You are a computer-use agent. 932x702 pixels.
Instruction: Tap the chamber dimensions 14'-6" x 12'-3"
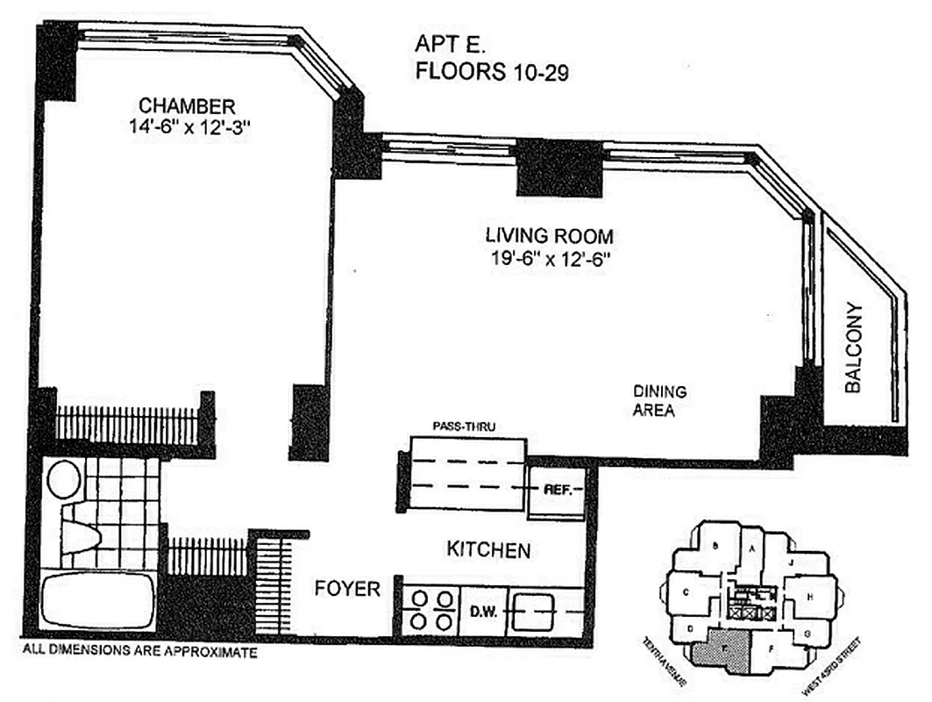click(x=189, y=128)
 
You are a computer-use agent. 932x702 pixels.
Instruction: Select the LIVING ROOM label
click(x=549, y=236)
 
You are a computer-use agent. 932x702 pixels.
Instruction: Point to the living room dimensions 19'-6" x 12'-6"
click(x=549, y=259)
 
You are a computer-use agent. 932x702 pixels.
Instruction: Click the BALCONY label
click(x=855, y=347)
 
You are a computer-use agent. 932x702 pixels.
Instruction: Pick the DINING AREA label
click(x=659, y=401)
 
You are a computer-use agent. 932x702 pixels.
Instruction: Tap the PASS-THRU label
click(x=465, y=426)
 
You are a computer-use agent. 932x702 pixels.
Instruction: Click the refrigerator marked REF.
click(x=558, y=490)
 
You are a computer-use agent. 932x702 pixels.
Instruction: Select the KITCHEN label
click(x=488, y=550)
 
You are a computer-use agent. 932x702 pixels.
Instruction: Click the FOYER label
click(x=347, y=589)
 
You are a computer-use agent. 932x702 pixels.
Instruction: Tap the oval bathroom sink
click(x=63, y=480)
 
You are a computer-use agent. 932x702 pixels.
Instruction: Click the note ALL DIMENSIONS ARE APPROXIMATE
click(x=139, y=653)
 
